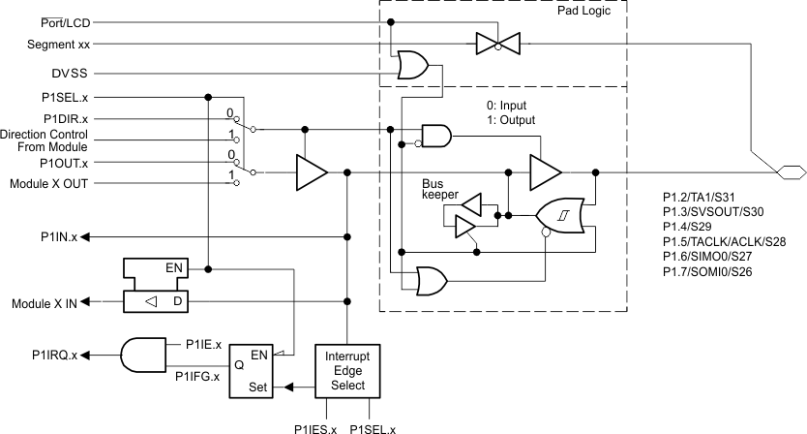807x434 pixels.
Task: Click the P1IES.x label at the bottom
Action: (315, 427)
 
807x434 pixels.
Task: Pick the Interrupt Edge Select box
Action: (346, 370)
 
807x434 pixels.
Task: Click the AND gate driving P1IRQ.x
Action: (141, 355)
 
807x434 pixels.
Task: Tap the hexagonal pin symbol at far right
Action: (791, 172)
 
